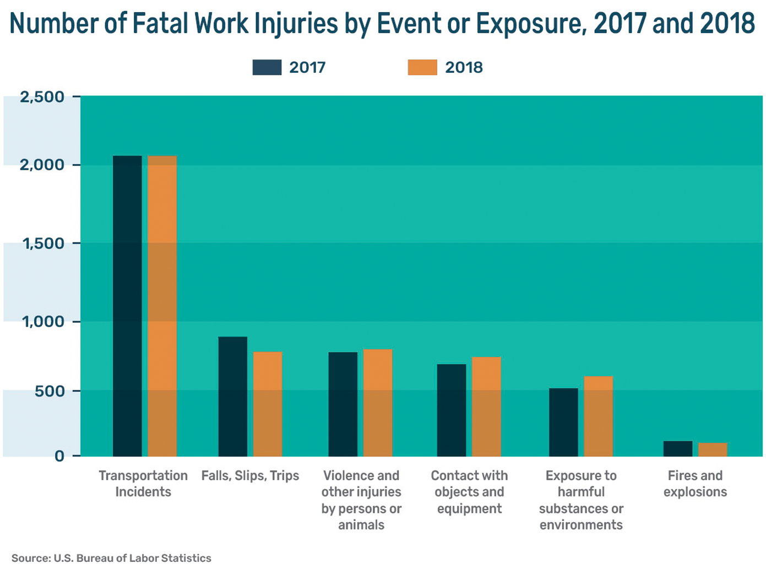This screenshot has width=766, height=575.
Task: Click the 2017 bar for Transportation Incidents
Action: point(127,306)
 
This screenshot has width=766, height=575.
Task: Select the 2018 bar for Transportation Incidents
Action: point(162,306)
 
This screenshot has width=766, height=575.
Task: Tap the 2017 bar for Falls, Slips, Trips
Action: point(232,397)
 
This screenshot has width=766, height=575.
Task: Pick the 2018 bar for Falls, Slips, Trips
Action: point(268,404)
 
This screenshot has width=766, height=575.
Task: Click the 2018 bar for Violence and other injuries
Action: point(378,403)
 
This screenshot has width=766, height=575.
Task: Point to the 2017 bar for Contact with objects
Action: point(452,410)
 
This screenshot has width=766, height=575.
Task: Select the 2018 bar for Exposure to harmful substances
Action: point(598,416)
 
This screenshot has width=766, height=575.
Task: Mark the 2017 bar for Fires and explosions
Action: point(678,448)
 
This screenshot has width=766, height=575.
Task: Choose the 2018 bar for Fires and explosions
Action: point(713,449)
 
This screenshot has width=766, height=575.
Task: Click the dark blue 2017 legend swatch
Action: point(267,67)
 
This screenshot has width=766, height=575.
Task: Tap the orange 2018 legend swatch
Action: point(422,67)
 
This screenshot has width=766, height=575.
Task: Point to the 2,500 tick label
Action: point(42,97)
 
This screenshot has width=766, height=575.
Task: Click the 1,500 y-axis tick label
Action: point(44,243)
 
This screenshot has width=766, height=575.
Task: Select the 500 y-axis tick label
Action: point(50,391)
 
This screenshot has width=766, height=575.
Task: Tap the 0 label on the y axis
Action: point(59,456)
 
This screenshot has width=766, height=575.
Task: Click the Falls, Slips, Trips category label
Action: point(250,475)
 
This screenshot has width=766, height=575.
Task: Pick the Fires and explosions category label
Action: point(695,484)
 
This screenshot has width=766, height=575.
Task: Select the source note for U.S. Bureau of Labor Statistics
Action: point(111,558)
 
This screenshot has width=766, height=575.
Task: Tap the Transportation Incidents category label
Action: point(143,484)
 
